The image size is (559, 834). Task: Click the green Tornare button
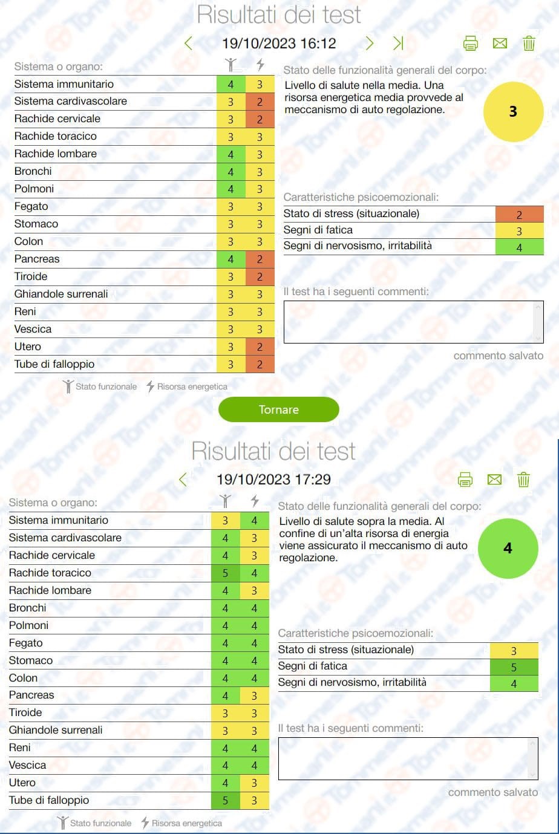coord(278,409)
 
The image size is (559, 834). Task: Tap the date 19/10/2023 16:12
coord(279,44)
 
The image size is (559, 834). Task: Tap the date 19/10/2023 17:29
coord(273,480)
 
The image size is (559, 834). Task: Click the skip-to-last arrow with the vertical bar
coord(398,43)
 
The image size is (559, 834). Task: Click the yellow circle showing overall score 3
coord(513,112)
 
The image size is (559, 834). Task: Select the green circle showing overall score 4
coord(508,549)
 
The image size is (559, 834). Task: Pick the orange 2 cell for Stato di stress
coord(519,215)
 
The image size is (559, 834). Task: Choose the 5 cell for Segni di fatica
coord(514,667)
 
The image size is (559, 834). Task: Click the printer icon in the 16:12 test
coord(470,44)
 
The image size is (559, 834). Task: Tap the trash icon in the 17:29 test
coord(523,480)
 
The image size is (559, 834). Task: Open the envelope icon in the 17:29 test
coord(494,480)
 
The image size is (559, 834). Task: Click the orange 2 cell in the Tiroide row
coord(260,277)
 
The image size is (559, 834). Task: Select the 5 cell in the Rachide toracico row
coord(225,573)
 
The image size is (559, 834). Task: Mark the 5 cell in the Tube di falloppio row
coord(225,800)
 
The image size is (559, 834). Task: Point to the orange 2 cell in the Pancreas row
coord(260,259)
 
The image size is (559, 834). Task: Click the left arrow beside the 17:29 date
coord(183,480)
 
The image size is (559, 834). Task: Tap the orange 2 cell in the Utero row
coord(260,347)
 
